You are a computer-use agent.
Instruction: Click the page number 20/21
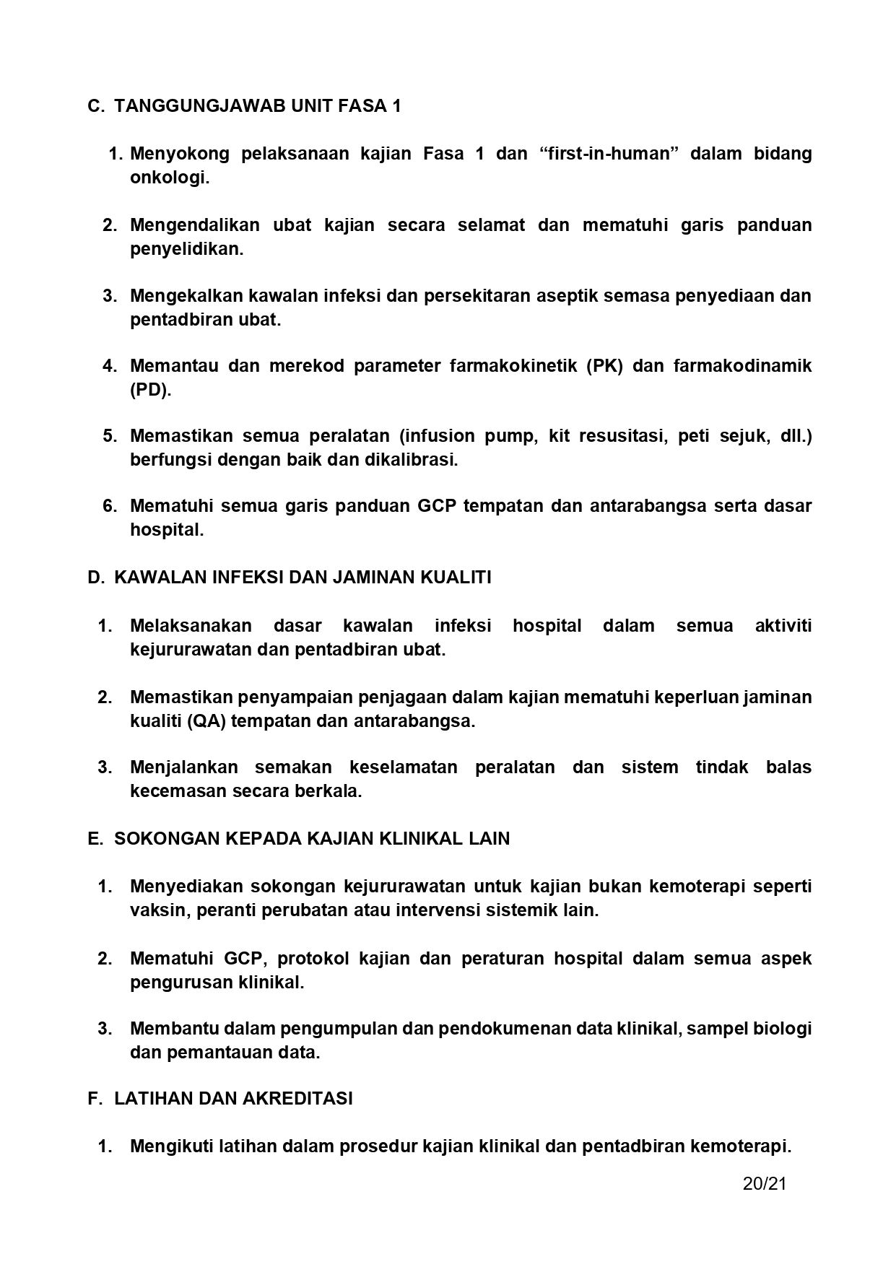[764, 1183]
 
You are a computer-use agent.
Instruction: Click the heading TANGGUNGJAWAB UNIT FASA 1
[257, 106]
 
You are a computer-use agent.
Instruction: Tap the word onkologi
[169, 178]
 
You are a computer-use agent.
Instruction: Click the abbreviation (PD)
[150, 390]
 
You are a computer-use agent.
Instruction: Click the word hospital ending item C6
[166, 530]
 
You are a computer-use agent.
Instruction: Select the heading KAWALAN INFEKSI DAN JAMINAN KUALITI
[303, 578]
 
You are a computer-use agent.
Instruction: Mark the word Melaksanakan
[191, 625]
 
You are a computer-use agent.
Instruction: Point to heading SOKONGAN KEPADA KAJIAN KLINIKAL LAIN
[311, 838]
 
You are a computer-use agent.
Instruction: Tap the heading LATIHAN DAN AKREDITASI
[233, 1098]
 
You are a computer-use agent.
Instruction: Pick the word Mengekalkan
[186, 295]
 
